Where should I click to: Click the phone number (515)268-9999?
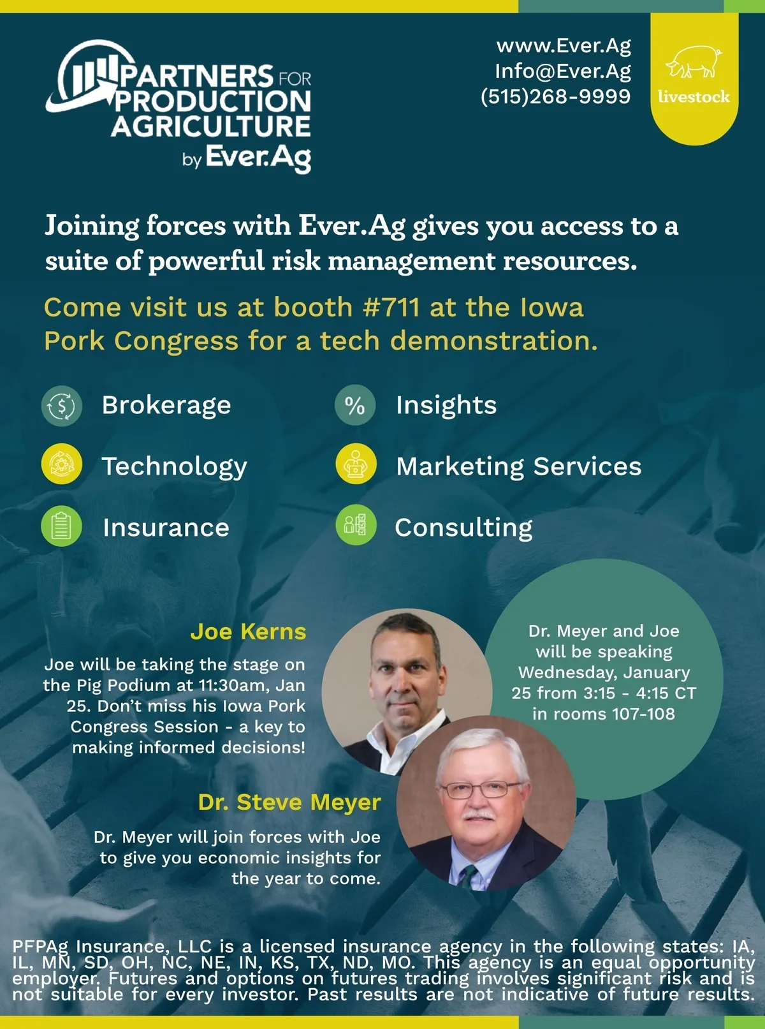[556, 97]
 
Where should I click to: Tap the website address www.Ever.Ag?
[564, 46]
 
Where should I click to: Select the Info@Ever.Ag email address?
[563, 71]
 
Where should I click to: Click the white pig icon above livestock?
[694, 61]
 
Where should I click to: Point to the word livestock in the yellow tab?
[694, 96]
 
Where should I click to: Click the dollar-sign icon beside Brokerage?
[62, 406]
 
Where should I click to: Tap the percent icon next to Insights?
[355, 405]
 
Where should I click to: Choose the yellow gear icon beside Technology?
[62, 464]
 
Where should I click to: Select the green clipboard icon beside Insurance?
[62, 526]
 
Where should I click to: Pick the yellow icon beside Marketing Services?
[356, 464]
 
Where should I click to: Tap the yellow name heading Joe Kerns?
[248, 632]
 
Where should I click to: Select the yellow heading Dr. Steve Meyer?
[289, 802]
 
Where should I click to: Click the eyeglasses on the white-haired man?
[480, 788]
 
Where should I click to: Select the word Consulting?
[463, 528]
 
